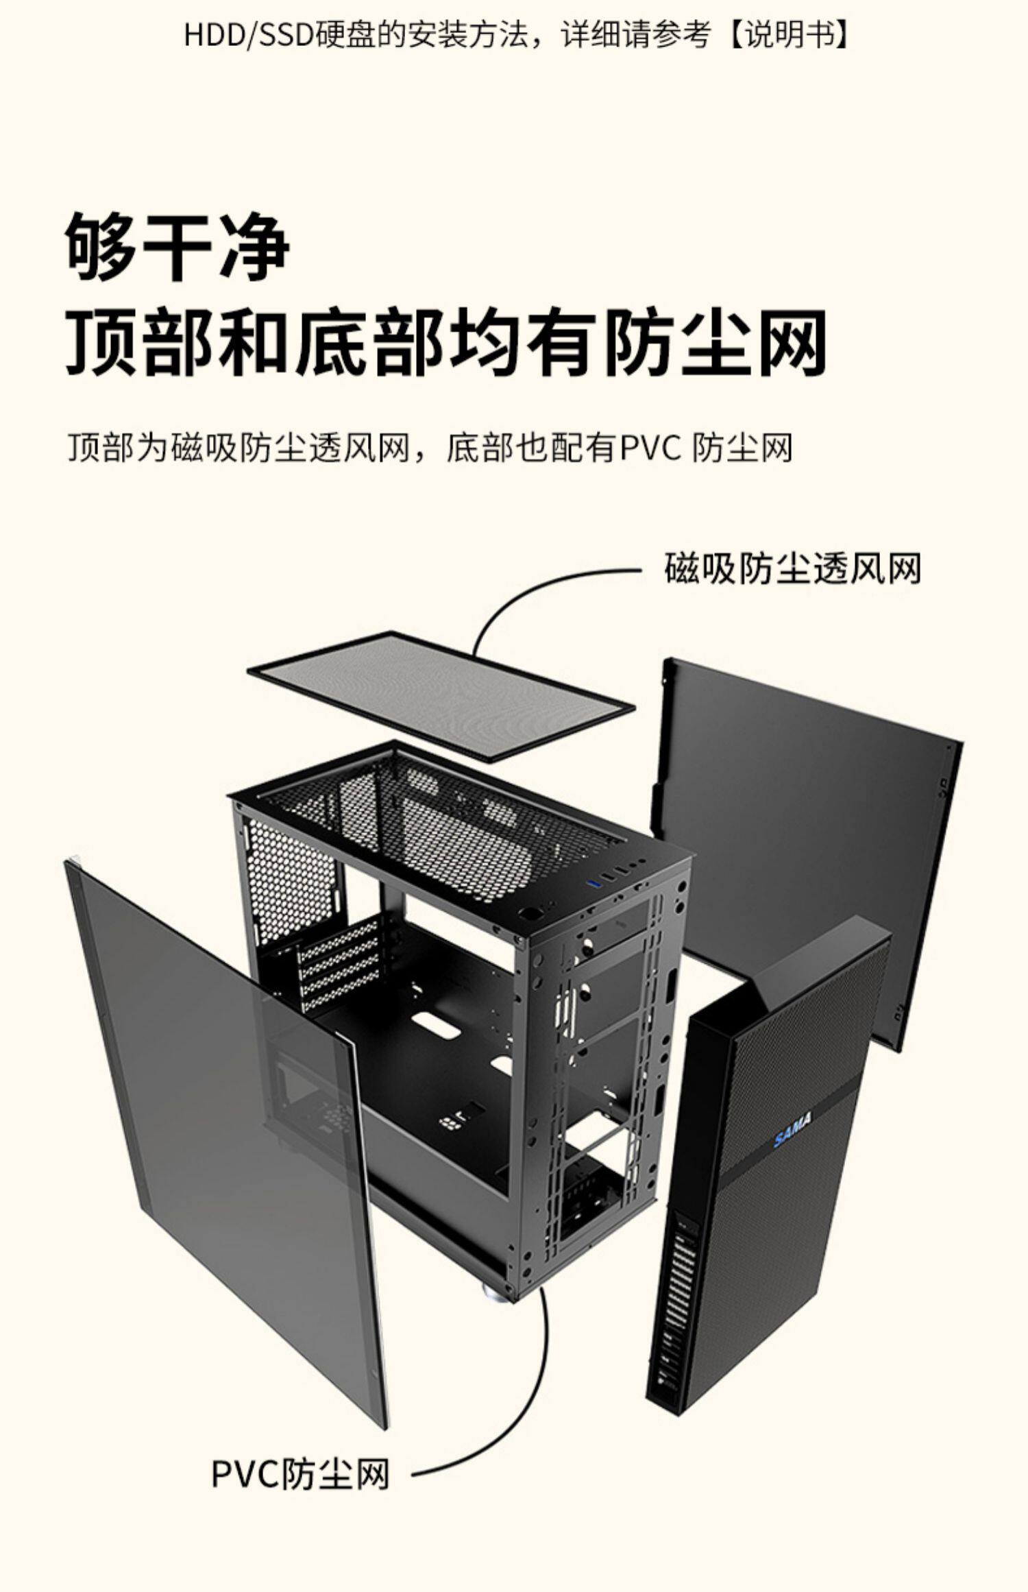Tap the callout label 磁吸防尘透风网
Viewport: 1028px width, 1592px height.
point(792,569)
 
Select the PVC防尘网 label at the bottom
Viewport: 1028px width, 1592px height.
point(300,1473)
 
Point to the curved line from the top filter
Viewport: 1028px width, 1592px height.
point(521,596)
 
